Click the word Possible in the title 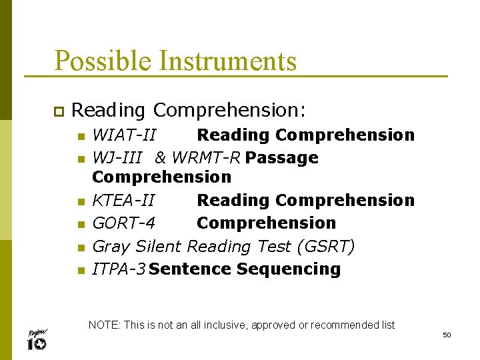point(104,61)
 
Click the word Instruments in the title point(228,61)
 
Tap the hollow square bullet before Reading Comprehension point(57,110)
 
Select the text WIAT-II point(124,135)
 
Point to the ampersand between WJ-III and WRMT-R point(161,158)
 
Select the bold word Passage point(282,158)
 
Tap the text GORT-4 point(123,223)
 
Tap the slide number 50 point(447,335)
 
